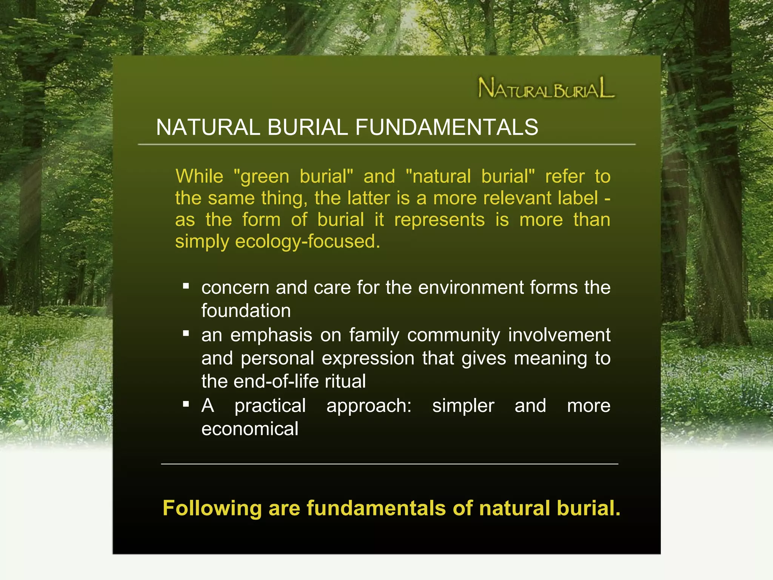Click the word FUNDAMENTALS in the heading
(447, 127)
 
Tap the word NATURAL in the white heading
(208, 127)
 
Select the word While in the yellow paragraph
(199, 176)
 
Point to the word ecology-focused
(307, 241)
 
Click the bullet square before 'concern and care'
(186, 286)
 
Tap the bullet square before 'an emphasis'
(186, 333)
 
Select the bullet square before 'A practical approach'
(186, 404)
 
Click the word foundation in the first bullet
(246, 311)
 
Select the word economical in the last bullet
(249, 429)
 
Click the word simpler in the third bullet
(463, 406)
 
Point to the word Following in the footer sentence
(212, 508)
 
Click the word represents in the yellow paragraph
(439, 220)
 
